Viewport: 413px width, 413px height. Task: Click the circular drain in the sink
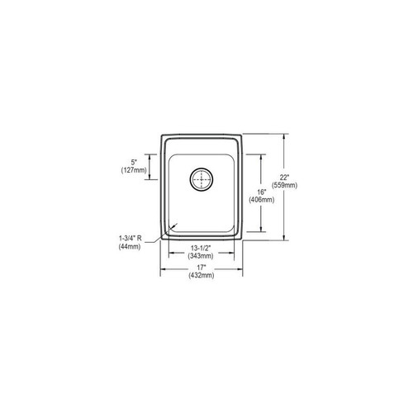pyautogui.click(x=202, y=178)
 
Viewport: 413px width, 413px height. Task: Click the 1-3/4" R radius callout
pyautogui.click(x=130, y=239)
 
